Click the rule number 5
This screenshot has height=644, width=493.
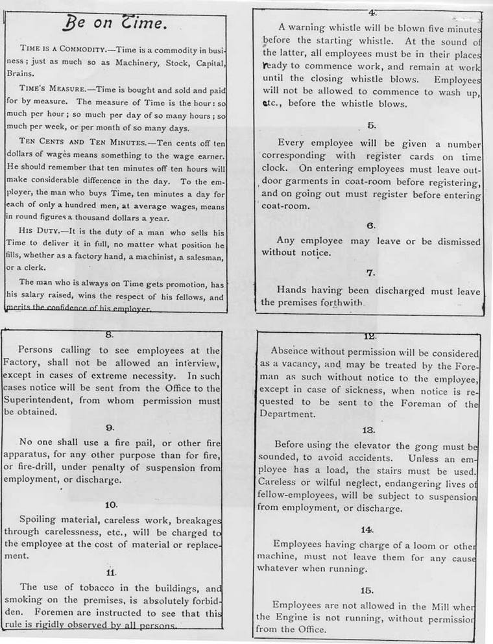click(x=371, y=125)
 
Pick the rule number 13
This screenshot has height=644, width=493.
click(x=368, y=429)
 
